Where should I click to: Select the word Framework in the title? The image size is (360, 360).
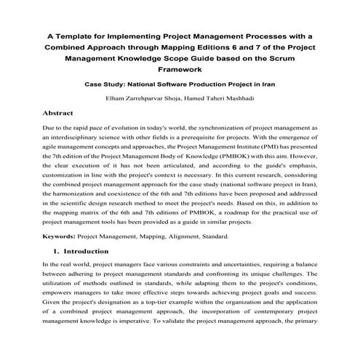(180, 71)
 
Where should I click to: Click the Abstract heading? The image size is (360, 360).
(63, 114)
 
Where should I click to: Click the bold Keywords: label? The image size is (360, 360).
(64, 256)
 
